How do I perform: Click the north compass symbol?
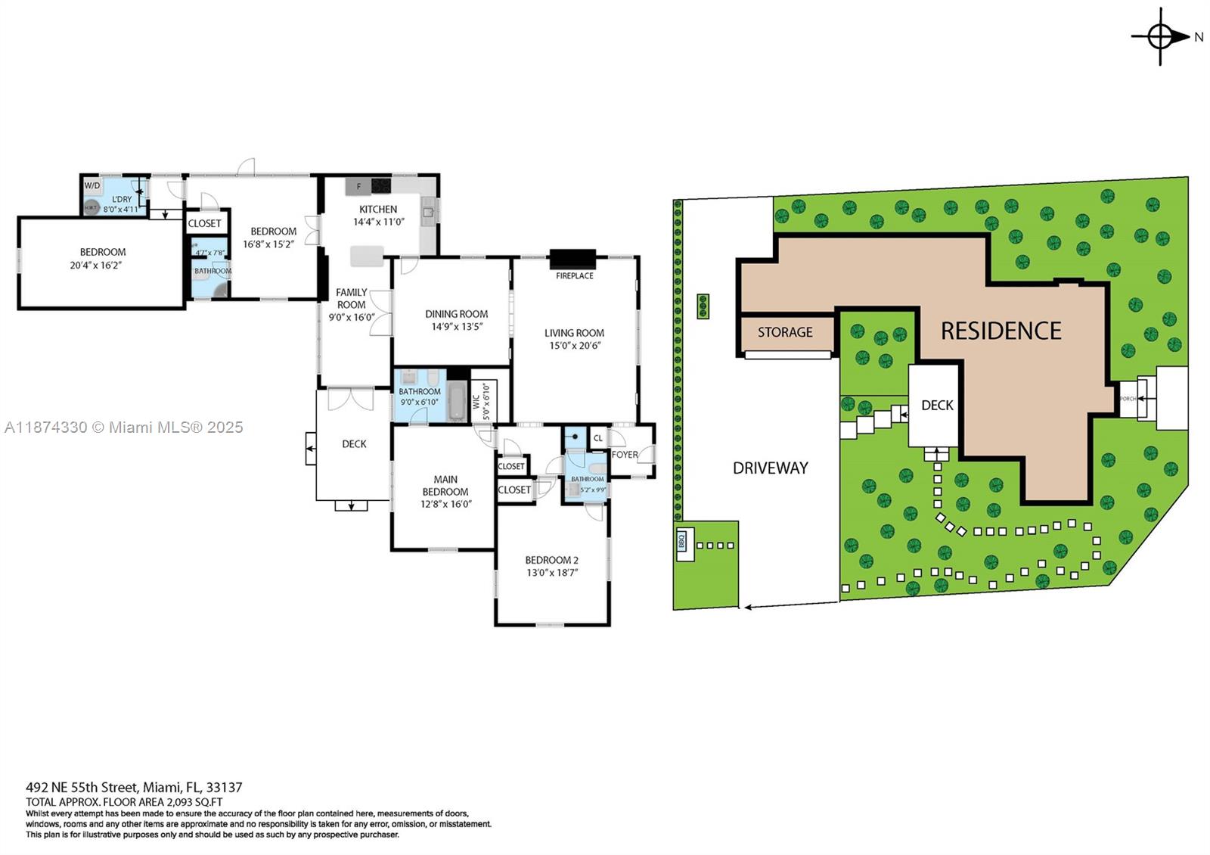1161,36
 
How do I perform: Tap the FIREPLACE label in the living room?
574,276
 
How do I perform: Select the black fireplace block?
572,260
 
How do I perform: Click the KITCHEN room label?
378,210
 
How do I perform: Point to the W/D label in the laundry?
92,185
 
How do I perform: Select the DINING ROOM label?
456,314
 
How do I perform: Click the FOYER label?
625,455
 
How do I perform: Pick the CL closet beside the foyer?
598,438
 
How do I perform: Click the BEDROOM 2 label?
551,561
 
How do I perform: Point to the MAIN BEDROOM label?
445,485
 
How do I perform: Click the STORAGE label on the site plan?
785,332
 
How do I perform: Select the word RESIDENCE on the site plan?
1001,331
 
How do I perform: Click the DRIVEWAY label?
770,468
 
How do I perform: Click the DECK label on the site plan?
937,406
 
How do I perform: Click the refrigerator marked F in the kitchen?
358,186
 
